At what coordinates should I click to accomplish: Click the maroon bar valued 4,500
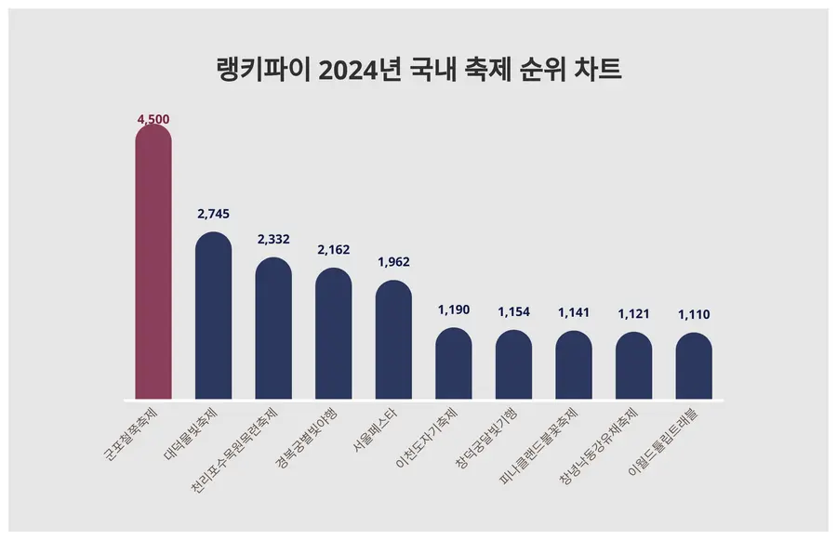[153, 265]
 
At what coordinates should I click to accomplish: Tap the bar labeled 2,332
[273, 330]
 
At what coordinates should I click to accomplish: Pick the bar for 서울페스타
[393, 341]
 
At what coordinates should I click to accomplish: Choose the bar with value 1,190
[454, 364]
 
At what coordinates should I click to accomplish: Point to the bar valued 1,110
[694, 367]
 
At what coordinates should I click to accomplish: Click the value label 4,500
[153, 120]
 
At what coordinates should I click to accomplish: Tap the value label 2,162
[333, 250]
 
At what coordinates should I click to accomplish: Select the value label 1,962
[393, 262]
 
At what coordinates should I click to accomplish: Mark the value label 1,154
[513, 311]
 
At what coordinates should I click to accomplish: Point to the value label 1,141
[574, 312]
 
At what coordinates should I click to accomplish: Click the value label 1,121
[633, 313]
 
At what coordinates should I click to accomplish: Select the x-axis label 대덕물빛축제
[192, 433]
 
